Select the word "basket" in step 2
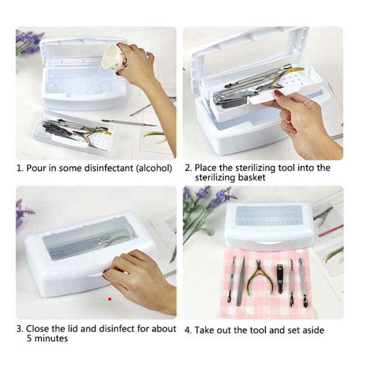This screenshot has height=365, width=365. click(x=252, y=177)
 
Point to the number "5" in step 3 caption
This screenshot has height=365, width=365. click(x=29, y=339)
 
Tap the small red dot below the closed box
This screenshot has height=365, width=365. click(x=110, y=299)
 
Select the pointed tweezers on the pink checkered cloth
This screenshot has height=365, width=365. click(x=241, y=281)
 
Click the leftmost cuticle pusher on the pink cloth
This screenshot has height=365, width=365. click(x=232, y=279)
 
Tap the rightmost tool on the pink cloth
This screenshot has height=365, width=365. click(x=303, y=283)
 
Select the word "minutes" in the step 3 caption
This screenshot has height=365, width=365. click(x=51, y=339)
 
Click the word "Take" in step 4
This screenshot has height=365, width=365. click(x=203, y=330)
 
